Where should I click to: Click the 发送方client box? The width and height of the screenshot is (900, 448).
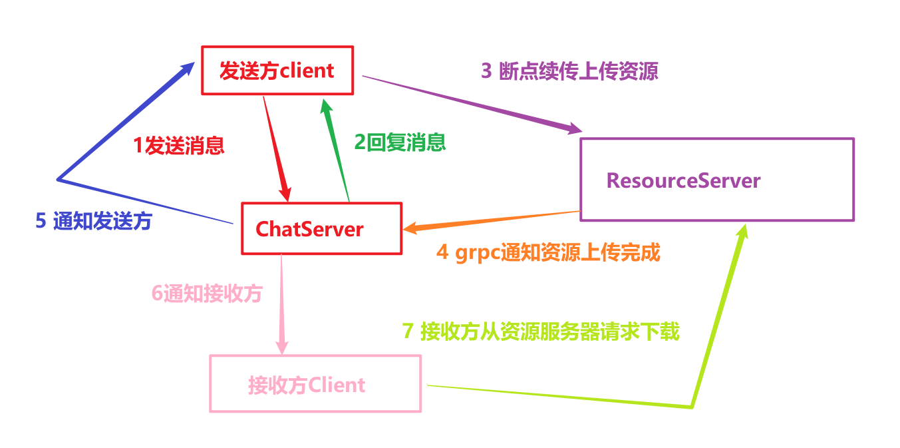click(x=277, y=70)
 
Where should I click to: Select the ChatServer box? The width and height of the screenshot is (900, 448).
click(x=321, y=228)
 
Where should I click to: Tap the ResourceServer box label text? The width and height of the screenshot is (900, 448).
click(x=683, y=180)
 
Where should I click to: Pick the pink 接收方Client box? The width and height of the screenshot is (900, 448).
click(x=315, y=383)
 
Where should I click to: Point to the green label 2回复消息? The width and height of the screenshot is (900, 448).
click(x=400, y=142)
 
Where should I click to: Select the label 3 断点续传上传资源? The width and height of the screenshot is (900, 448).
click(x=569, y=71)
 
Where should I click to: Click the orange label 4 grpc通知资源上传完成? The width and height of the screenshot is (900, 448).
click(x=548, y=253)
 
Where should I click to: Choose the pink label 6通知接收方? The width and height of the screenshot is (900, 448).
click(x=207, y=294)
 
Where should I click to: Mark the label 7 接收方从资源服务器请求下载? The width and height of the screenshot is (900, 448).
click(x=541, y=331)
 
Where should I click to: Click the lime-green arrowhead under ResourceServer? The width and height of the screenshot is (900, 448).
click(x=742, y=234)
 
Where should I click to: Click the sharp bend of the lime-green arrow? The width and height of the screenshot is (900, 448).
click(x=692, y=406)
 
